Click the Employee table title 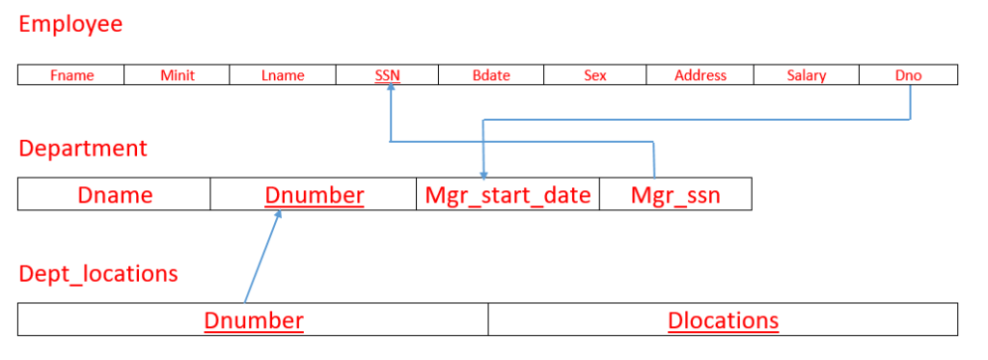(70, 24)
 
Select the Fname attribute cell (70, 75)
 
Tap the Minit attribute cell (177, 75)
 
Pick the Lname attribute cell (283, 75)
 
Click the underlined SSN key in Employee (388, 75)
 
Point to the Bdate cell (491, 75)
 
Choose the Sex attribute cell (595, 75)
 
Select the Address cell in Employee (700, 75)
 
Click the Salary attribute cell (806, 75)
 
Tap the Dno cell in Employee (908, 75)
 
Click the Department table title (83, 149)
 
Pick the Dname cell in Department (115, 195)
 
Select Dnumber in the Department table (314, 195)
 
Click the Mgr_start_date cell (508, 195)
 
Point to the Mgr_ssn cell (675, 195)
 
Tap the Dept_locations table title (98, 274)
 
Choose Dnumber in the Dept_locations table (254, 320)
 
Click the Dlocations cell (723, 320)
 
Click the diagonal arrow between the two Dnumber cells (262, 257)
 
